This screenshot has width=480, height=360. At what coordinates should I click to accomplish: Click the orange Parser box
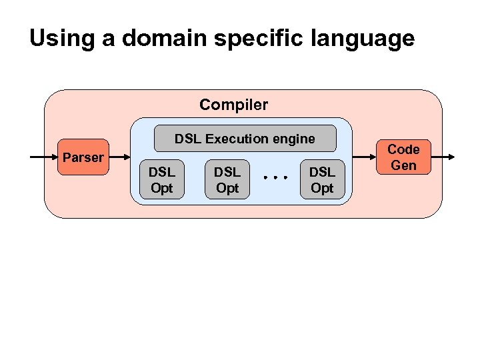coord(83,158)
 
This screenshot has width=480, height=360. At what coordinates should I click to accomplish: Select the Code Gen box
coord(403,157)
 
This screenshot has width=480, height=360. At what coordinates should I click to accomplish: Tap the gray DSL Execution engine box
coord(245,139)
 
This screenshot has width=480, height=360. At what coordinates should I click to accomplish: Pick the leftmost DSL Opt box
coord(161,180)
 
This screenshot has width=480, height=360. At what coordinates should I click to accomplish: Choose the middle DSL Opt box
coord(227,180)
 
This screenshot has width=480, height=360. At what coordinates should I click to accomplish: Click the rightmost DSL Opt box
coord(322,180)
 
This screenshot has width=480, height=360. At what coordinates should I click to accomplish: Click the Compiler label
coord(233,105)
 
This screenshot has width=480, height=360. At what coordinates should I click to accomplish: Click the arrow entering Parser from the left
coord(44,157)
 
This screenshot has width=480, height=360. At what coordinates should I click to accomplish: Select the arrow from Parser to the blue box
coord(119,157)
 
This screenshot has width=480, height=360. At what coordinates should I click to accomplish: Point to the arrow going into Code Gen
coord(363,157)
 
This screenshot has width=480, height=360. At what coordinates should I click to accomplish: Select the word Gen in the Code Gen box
coord(403,165)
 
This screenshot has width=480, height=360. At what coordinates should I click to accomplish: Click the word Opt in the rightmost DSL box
coord(322,188)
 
